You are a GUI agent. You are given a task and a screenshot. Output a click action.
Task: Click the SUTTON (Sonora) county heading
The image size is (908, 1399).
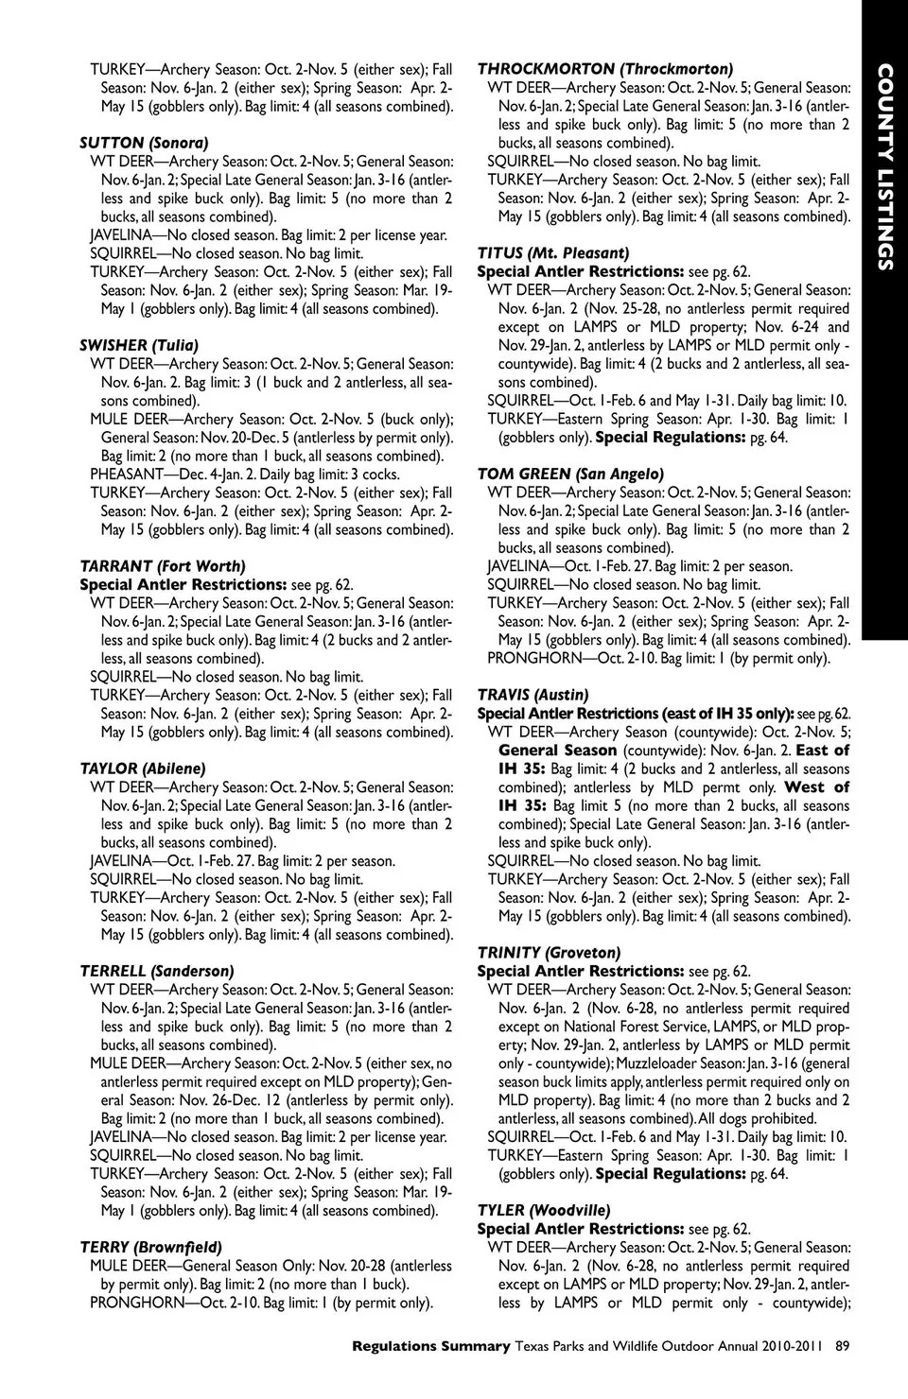pos(144,143)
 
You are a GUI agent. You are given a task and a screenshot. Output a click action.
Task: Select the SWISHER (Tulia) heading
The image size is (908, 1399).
pos(139,345)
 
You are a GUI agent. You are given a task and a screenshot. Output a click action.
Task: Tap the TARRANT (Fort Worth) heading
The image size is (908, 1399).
pos(163,566)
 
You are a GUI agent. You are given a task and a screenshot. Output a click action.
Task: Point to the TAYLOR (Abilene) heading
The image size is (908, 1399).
pos(143,769)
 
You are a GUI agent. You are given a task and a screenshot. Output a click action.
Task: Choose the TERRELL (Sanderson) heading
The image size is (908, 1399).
pos(157,971)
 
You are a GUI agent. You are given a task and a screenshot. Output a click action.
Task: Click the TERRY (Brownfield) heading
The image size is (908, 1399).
pos(151,1247)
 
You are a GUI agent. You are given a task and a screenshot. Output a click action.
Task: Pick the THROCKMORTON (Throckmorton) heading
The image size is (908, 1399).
pos(605,69)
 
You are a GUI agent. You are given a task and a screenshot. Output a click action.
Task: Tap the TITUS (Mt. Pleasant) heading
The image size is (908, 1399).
pos(553,253)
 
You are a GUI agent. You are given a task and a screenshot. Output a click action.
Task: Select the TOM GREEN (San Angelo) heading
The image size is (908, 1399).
pos(570,474)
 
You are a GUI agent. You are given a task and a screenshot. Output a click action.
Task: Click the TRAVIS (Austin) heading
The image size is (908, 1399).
pos(533,695)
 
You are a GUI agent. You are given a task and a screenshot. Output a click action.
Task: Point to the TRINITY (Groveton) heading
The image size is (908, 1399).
pos(550,953)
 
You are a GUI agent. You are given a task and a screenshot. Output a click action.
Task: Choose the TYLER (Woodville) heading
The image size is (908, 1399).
pos(544,1210)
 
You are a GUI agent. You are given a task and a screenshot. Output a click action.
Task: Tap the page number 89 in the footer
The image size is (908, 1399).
pos(842,1346)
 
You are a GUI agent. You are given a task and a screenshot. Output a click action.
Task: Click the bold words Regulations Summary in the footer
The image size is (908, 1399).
pos(430,1346)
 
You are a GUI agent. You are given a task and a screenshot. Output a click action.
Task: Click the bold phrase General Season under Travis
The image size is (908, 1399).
pos(557,751)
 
